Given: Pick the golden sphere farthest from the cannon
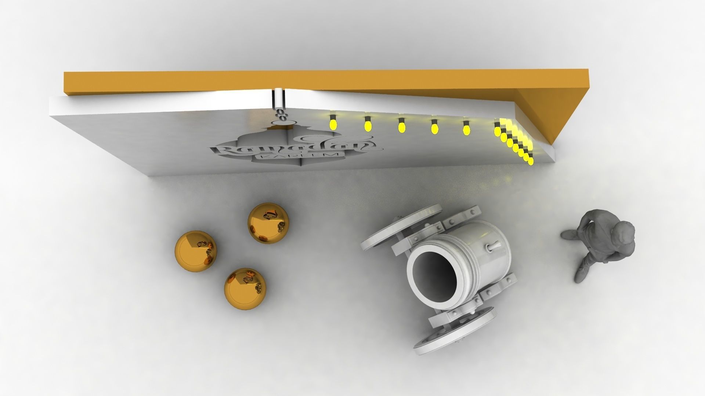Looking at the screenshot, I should click(196, 251).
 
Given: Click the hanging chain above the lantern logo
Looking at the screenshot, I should click(282, 114).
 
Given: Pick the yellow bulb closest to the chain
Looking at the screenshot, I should click(333, 123).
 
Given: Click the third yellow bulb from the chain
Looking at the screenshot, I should click(401, 126).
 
